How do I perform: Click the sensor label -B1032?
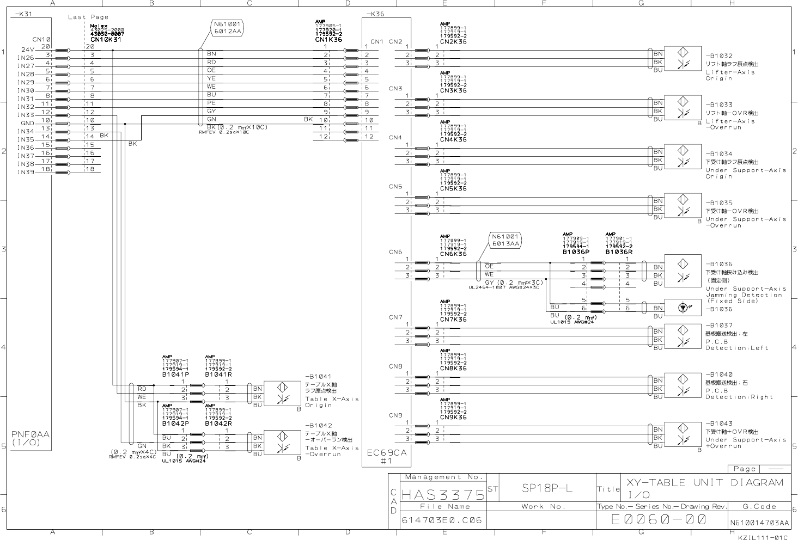click(719, 56)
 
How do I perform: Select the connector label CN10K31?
click(106, 40)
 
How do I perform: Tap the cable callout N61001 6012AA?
click(227, 28)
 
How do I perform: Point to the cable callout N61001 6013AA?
click(506, 240)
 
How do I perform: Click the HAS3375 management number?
click(443, 495)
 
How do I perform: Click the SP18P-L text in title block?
click(543, 488)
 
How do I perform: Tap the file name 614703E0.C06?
click(442, 520)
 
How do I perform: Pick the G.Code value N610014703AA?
click(759, 523)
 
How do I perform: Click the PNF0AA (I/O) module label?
click(31, 438)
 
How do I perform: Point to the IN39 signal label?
click(26, 173)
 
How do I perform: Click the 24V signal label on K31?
click(28, 50)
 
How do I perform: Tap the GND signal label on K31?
click(27, 123)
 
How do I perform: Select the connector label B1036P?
click(576, 252)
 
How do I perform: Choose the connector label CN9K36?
click(453, 418)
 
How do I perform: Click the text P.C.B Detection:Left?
click(737, 345)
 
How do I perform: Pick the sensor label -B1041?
click(318, 376)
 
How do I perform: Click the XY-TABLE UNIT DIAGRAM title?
click(705, 482)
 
